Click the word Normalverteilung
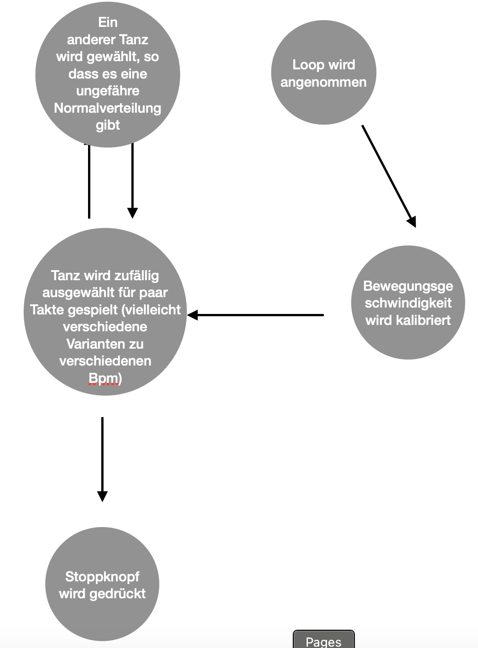pos(108,108)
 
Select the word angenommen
pos(323,83)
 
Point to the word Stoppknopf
pos(102,577)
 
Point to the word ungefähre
pos(108,91)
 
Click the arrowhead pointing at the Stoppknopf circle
pos(102,496)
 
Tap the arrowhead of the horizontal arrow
pos(192,315)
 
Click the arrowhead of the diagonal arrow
pos(412,222)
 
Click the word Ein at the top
pos(108,22)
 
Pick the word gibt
pos(108,125)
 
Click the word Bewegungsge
pos(408,286)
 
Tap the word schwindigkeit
pos(408,303)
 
